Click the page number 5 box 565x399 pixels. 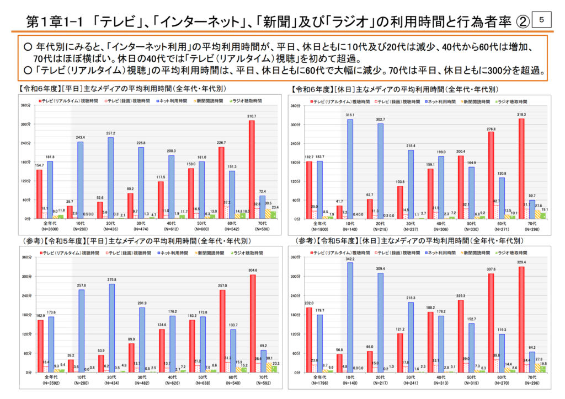pyautogui.click(x=542, y=20)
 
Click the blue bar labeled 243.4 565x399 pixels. pyautogui.click(x=80, y=180)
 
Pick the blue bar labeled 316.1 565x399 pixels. pyautogui.click(x=350, y=169)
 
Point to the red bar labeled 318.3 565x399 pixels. pyautogui.click(x=521, y=168)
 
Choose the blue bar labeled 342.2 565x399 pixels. pyautogui.click(x=350, y=317)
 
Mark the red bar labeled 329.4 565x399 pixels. pyautogui.click(x=521, y=319)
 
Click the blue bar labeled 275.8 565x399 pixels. pyautogui.click(x=112, y=327)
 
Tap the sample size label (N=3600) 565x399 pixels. pyautogui.click(x=45, y=229)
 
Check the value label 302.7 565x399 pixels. pyautogui.click(x=381, y=120)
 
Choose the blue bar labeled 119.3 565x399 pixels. pyautogui.click(x=500, y=353)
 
